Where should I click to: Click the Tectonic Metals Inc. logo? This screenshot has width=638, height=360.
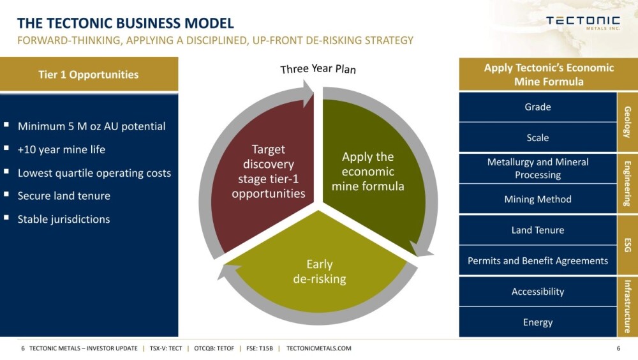[582, 23]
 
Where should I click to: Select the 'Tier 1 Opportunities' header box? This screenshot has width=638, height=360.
[89, 74]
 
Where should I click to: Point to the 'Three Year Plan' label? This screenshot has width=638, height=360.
[318, 69]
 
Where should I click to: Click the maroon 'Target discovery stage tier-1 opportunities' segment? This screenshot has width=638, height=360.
[265, 171]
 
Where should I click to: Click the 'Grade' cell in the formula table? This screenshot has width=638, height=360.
[537, 107]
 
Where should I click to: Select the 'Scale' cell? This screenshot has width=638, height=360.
[537, 138]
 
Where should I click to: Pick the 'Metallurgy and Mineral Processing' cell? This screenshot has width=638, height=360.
[537, 168]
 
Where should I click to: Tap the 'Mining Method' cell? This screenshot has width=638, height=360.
[537, 199]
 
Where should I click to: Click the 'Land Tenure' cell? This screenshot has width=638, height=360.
[537, 230]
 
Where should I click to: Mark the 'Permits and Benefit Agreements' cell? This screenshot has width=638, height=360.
[537, 260]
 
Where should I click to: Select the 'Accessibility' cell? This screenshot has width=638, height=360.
[537, 292]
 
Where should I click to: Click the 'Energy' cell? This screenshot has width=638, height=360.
[537, 322]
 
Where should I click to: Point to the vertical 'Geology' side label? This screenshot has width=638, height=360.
[627, 122]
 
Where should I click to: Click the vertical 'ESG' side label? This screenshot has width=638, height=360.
[627, 245]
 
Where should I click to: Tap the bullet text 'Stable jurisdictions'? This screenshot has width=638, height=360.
[63, 219]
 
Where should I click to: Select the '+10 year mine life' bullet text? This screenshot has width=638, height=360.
[61, 149]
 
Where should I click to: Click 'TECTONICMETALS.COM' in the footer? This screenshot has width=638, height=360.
[318, 348]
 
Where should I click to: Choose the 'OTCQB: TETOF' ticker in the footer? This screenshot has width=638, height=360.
[214, 348]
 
